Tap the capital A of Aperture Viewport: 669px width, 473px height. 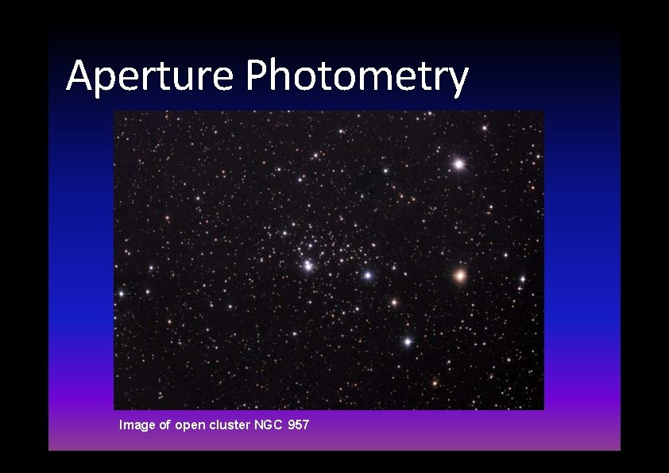[79, 76]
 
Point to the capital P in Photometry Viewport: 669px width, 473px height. [257, 76]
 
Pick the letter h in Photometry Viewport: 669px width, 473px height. [280, 76]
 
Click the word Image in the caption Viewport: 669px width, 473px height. [137, 425]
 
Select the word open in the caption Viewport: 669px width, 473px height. [189, 426]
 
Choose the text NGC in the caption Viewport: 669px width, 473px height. [267, 425]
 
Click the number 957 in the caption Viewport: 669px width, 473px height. [299, 425]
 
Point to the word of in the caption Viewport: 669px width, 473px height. [165, 425]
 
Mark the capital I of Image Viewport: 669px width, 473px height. [121, 425]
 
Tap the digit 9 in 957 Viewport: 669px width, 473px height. [292, 425]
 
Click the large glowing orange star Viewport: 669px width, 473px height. [459, 276]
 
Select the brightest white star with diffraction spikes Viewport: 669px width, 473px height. [458, 164]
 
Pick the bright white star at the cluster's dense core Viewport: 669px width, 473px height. [307, 266]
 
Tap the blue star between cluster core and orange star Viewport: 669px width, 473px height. [367, 275]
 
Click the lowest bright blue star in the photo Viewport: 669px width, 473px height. [408, 342]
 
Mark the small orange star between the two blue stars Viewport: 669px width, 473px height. [393, 302]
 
